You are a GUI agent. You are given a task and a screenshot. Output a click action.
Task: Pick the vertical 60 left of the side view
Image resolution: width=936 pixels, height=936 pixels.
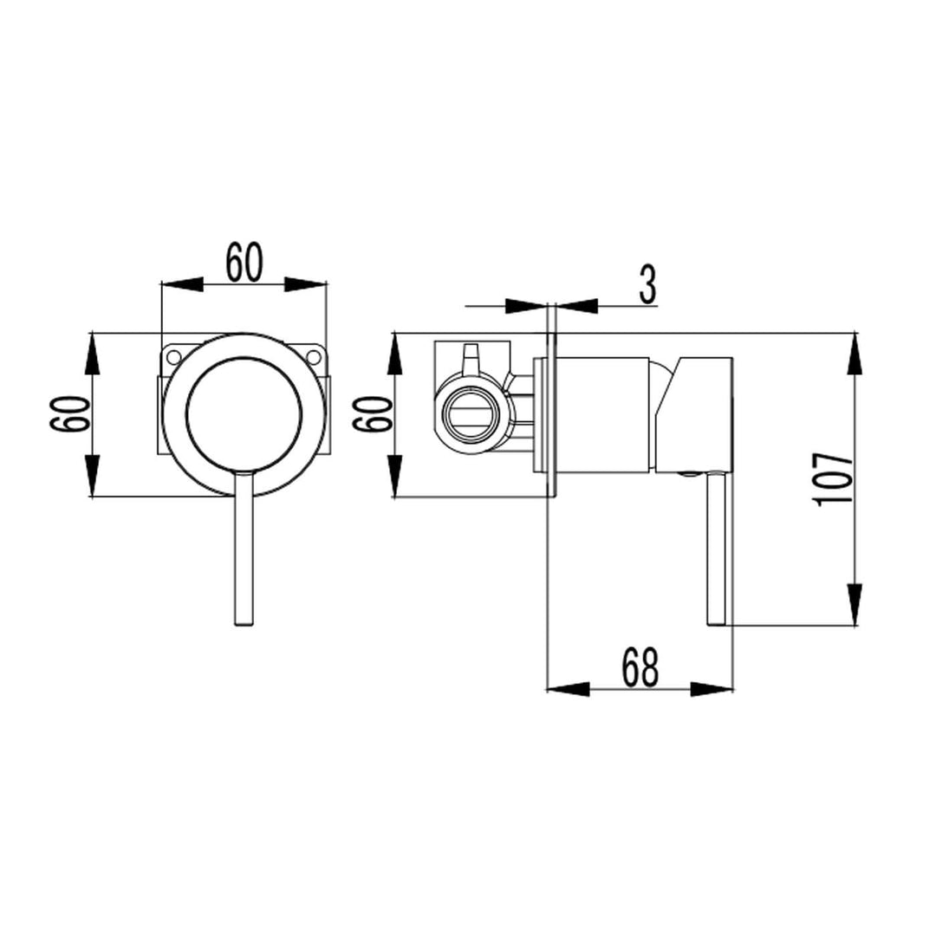[374, 415]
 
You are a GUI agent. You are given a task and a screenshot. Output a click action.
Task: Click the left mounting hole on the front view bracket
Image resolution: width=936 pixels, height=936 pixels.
[173, 356]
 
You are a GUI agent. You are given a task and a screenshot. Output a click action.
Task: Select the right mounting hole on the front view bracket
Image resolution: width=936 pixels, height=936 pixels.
[314, 356]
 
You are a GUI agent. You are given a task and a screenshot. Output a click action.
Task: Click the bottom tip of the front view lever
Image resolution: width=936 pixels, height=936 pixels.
[244, 621]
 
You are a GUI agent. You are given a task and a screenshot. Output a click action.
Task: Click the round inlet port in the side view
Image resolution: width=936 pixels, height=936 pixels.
[469, 414]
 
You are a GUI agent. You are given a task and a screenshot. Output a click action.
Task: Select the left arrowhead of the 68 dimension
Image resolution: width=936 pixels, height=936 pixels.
[568, 689]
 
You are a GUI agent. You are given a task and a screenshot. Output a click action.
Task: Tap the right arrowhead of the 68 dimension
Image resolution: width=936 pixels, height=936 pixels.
[712, 689]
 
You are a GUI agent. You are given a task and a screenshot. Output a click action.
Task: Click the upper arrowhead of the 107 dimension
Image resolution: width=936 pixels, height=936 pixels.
[855, 353]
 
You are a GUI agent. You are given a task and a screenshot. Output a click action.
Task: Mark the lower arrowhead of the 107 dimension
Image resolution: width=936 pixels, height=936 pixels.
[855, 604]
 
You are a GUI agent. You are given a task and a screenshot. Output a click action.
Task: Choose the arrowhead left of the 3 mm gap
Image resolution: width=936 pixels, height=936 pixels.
[526, 305]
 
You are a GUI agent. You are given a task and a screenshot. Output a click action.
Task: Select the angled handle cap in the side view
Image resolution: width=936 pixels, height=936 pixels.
[693, 413]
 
